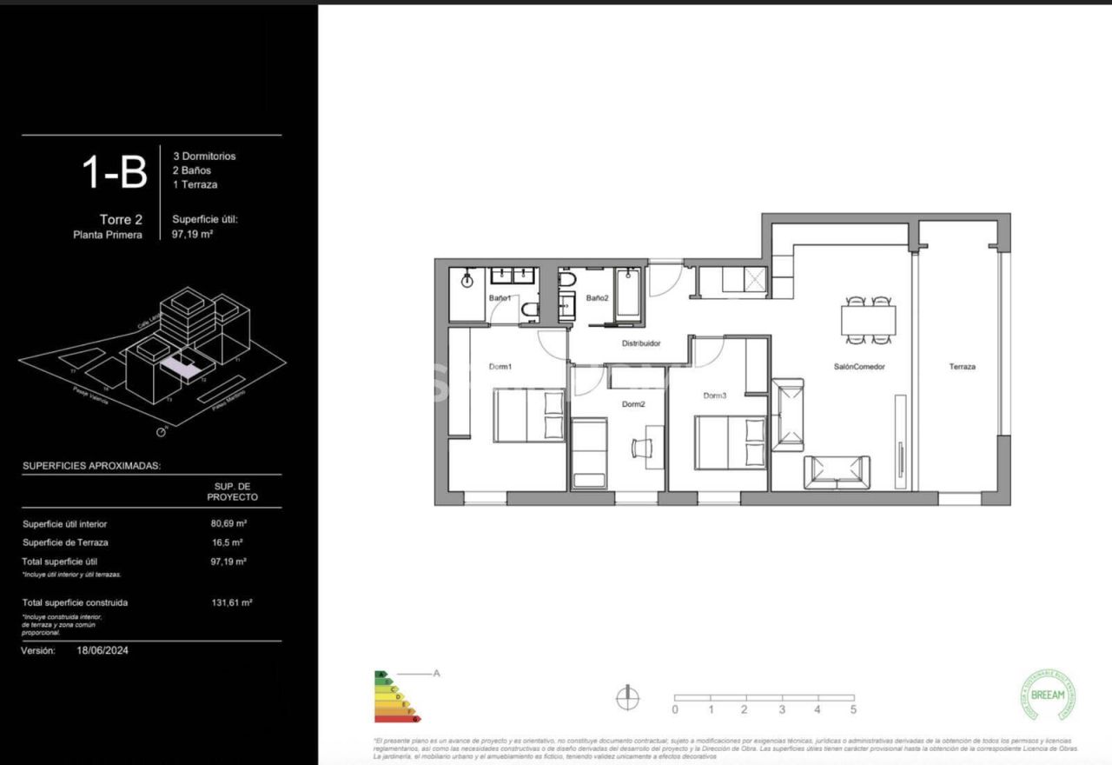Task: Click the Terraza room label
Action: point(962,367)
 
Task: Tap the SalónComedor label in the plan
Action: point(859,367)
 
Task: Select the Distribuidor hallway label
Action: point(641,343)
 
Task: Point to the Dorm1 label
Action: point(500,367)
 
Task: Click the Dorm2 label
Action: point(633,404)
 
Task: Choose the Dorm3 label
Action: point(714,396)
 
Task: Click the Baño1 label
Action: point(500,298)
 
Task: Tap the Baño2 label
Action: point(597,298)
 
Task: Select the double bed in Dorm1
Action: point(529,416)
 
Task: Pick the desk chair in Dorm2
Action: point(642,447)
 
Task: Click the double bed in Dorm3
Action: point(730,442)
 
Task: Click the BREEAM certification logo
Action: point(1047,695)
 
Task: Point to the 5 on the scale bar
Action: point(853,709)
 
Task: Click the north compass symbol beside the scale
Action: point(627,698)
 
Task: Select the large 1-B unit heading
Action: point(115,172)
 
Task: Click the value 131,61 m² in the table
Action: point(228,602)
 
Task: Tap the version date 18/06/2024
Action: point(103,650)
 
